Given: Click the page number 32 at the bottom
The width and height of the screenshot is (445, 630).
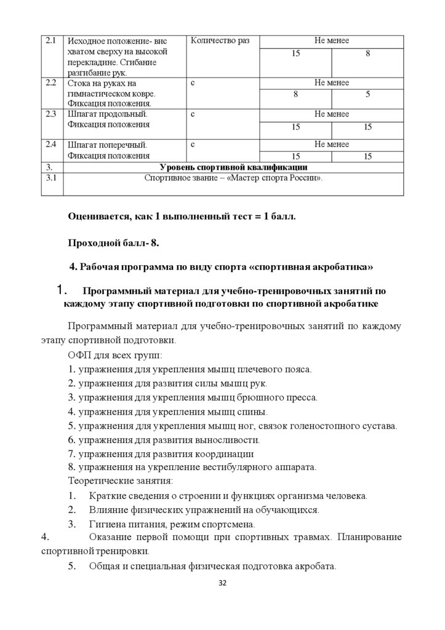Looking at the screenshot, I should [x=223, y=583].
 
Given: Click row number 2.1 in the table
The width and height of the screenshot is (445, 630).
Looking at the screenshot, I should [x=51, y=41].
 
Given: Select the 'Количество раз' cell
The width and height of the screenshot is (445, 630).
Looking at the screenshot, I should [x=220, y=41].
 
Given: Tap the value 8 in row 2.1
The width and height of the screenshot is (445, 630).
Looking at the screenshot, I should [x=367, y=54].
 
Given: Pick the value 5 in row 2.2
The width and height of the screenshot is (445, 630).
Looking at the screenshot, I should [x=367, y=95].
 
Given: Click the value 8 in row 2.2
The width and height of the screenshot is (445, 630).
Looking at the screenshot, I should [x=295, y=95].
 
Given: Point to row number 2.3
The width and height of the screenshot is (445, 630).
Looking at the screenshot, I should [x=51, y=114].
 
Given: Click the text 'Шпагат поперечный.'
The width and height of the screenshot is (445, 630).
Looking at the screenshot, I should [x=107, y=145].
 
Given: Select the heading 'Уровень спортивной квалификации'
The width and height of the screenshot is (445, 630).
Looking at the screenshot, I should [x=233, y=167].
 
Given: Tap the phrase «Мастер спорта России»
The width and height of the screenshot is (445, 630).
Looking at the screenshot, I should [x=281, y=178].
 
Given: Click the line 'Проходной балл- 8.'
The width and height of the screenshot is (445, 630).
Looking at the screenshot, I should [x=114, y=243].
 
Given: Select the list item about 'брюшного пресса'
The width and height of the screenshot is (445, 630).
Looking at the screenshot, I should [x=193, y=397].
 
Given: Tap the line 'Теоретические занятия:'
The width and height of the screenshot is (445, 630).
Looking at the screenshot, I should [x=120, y=480].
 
